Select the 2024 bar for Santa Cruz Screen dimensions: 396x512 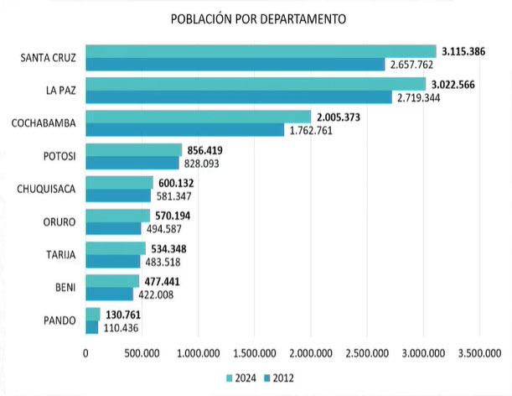(x=261, y=51)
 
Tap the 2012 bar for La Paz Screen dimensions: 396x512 (x=239, y=97)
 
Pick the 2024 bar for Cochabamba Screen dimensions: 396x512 (x=198, y=117)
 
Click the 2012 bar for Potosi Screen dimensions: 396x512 (x=132, y=163)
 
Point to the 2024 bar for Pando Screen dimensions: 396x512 (x=93, y=314)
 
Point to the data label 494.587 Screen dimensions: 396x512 (x=167, y=228)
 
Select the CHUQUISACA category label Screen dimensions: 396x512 (x=46, y=189)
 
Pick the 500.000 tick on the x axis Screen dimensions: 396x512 (x=142, y=353)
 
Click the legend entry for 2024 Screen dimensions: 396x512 (x=240, y=378)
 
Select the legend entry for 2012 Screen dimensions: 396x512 (x=279, y=378)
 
